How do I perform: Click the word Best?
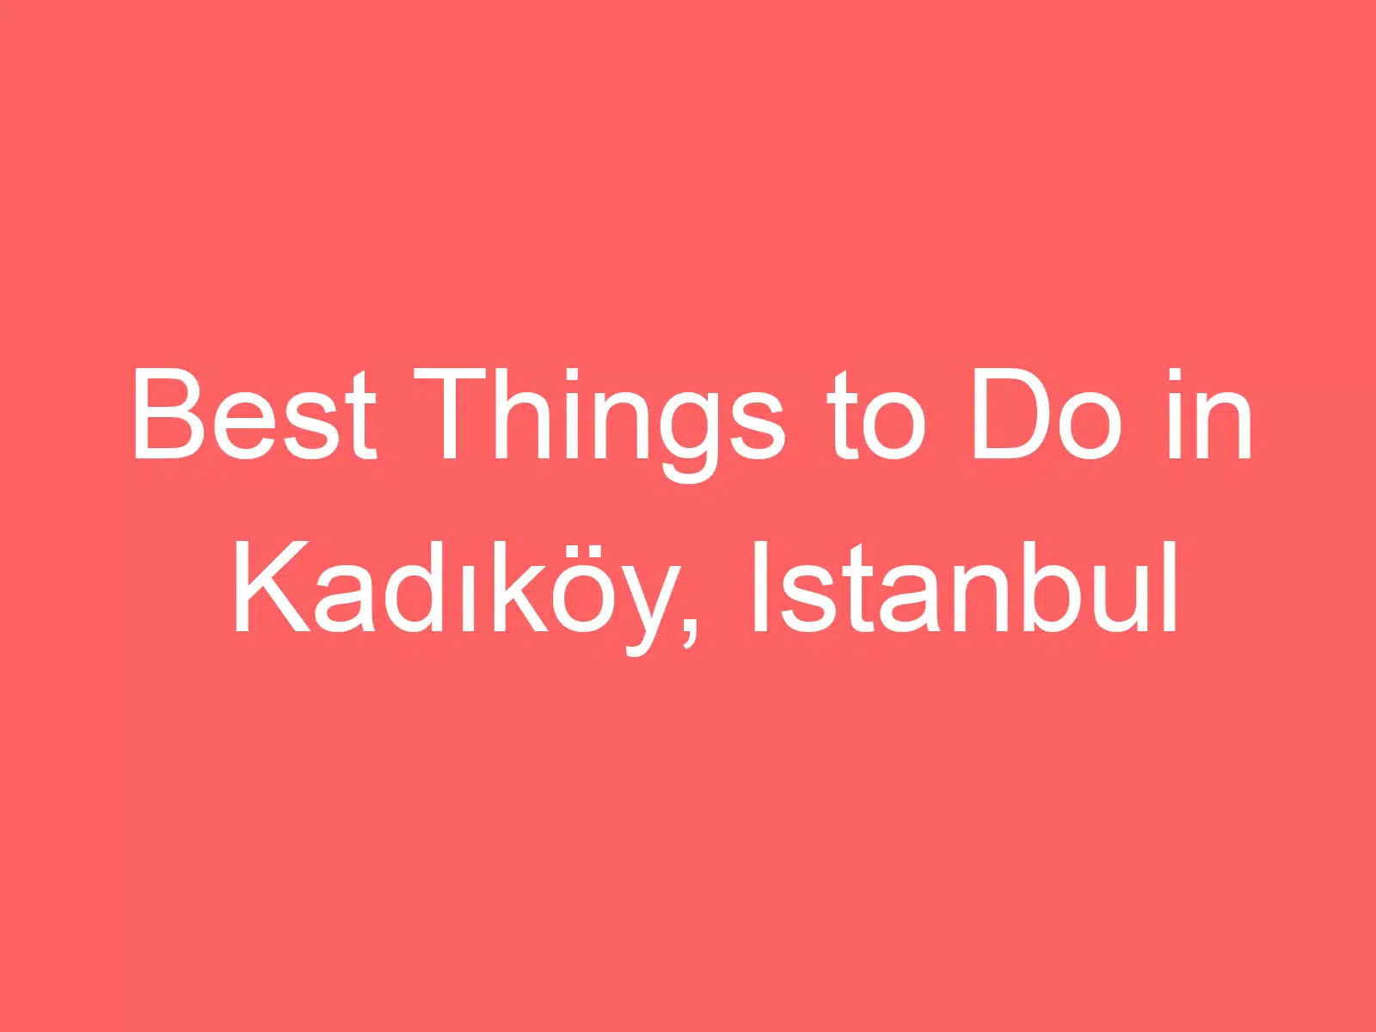[x=254, y=415]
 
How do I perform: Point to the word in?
[x=1209, y=415]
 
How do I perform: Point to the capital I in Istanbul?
[x=759, y=587]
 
